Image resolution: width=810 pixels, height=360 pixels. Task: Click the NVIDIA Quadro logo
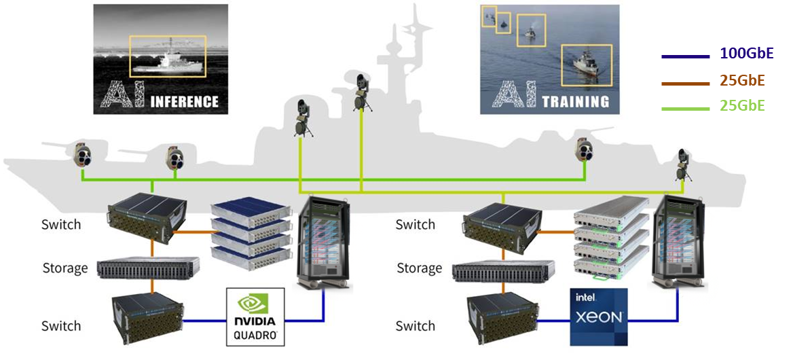point(254,317)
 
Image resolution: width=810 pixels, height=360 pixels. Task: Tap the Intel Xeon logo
point(598,317)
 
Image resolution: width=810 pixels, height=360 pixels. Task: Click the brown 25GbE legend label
point(742,81)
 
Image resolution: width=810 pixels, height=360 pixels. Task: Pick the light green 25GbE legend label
point(742,107)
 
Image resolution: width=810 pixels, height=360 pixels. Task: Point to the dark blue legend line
point(686,56)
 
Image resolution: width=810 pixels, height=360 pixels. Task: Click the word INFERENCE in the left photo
point(184,102)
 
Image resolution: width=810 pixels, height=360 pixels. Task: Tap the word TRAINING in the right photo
point(575,102)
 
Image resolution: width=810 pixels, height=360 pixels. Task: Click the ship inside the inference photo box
point(166,64)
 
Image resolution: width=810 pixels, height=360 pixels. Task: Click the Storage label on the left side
point(65,268)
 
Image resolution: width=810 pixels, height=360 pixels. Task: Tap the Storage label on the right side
point(419,268)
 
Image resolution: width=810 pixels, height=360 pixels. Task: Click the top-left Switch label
point(61,224)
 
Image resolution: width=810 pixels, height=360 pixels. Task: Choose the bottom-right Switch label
point(415,326)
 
